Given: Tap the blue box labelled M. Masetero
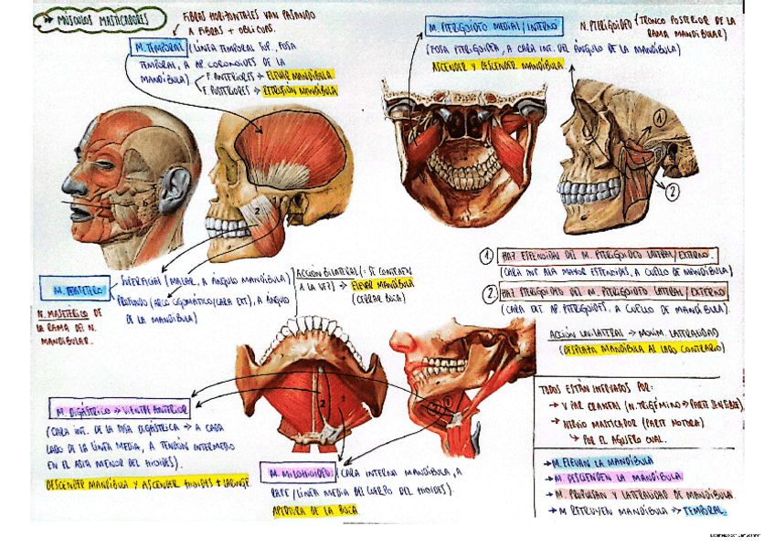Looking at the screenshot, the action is point(74,290).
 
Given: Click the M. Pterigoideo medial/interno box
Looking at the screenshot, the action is point(493,28).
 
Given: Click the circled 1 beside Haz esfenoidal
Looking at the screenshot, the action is point(490,256).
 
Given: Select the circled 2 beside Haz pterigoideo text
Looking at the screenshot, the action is point(490,293).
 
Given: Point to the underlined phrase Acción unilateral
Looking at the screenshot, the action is point(585,334).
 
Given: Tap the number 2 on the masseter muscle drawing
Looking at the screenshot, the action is point(259,212).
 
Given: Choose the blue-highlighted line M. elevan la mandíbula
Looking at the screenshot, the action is point(604,462).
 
